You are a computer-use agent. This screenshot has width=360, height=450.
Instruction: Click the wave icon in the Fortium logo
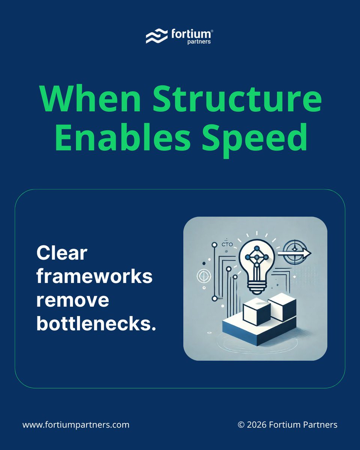156,37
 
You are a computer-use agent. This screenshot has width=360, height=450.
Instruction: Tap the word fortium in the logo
190,34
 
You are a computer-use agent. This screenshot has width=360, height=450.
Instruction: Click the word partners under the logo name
199,42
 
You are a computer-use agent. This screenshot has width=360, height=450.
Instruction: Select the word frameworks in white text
94,277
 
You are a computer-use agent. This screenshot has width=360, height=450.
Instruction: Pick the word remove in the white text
73,300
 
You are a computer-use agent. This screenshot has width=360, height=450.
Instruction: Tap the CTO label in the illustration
227,244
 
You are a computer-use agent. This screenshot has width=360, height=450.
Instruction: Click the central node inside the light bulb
256,258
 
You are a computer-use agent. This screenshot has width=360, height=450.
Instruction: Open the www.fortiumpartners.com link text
76,425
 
